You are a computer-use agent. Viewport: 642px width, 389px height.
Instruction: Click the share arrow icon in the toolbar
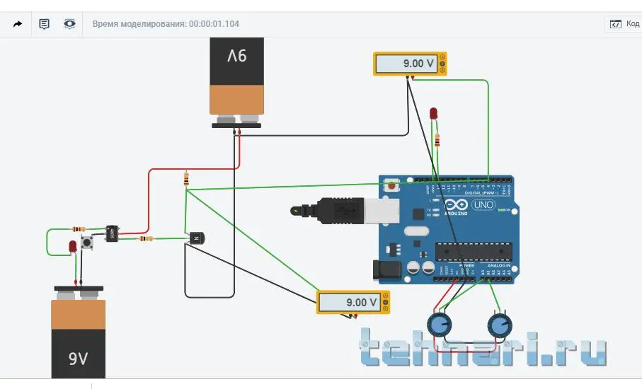tap(18, 23)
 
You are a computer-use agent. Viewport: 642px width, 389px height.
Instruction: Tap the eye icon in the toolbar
tap(69, 23)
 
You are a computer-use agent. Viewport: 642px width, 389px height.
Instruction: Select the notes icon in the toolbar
tap(44, 23)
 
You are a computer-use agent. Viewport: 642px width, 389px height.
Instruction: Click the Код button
tap(625, 23)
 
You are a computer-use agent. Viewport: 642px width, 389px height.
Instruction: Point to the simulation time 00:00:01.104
tap(214, 23)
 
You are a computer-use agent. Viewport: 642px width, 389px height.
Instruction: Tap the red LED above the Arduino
tap(434, 113)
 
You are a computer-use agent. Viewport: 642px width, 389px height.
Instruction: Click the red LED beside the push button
tap(72, 246)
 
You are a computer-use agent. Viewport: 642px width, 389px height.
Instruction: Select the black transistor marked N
tap(195, 238)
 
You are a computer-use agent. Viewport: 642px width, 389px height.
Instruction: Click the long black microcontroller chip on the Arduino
tap(473, 250)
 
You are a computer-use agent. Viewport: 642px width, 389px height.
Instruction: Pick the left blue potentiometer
tap(440, 325)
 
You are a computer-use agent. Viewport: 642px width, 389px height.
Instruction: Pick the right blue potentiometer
tap(500, 325)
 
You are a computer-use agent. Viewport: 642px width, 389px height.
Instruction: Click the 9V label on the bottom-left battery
tap(78, 359)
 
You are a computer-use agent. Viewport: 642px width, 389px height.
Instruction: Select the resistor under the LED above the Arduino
tap(437, 139)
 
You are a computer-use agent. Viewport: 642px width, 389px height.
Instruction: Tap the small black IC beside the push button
tap(112, 233)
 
